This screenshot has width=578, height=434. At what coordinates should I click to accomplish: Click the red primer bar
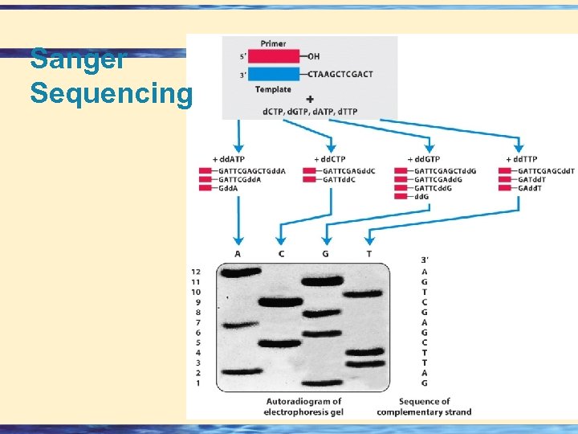[x=275, y=57]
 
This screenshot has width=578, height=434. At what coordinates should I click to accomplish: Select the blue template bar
[x=275, y=75]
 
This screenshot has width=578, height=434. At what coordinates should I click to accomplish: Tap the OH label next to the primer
[x=316, y=57]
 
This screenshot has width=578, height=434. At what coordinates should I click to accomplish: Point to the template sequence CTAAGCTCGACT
[x=340, y=75]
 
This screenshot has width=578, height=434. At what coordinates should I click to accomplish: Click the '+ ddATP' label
[x=228, y=159]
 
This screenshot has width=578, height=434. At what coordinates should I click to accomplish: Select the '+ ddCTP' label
[x=331, y=159]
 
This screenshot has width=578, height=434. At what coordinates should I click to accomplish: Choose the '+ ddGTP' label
[x=423, y=159]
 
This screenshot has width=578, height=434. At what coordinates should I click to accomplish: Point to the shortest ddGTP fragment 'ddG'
[x=421, y=196]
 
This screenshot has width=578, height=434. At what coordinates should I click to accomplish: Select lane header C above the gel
[x=280, y=254]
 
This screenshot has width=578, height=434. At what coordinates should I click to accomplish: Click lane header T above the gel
[x=368, y=254]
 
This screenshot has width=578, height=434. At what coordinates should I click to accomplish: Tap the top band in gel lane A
[x=238, y=272]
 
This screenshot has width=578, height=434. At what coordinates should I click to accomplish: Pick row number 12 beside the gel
[x=196, y=272]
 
